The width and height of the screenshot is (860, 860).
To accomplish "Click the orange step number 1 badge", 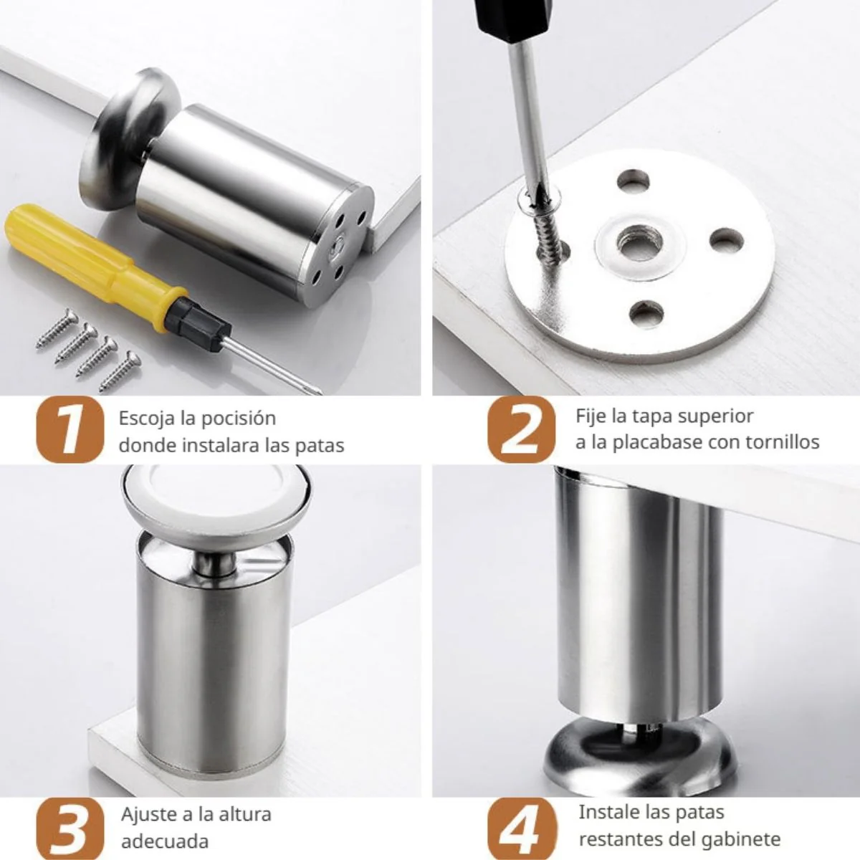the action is tap(70, 429).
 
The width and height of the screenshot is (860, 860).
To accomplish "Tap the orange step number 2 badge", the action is tap(521, 429).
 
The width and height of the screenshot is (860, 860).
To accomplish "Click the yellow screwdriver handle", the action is tap(90, 254).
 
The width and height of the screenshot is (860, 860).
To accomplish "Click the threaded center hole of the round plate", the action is tap(639, 244).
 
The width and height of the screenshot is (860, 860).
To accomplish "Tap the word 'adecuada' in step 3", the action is tap(165, 841).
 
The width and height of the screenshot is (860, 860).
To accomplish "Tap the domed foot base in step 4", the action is tap(639, 753).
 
